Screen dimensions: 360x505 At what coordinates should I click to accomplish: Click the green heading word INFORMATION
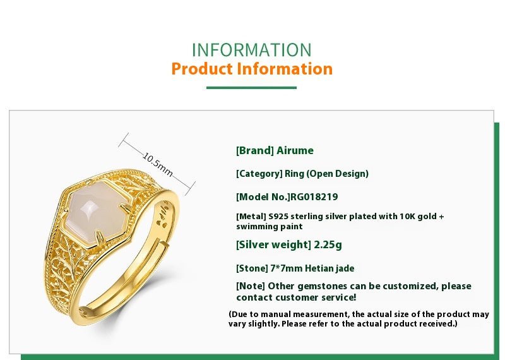pos(251,50)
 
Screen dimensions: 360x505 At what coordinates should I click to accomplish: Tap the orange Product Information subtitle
pos(251,69)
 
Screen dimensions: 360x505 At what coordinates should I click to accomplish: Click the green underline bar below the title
pos(251,87)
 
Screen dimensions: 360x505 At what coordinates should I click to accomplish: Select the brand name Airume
pos(295,150)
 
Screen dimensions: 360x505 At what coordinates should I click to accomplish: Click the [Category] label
pos(259,174)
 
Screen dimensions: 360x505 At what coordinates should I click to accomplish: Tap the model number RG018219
pos(315,196)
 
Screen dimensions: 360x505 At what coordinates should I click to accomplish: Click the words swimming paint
pos(270,226)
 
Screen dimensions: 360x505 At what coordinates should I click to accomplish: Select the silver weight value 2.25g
pos(328,244)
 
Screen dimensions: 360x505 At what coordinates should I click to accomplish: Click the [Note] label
pos(251,286)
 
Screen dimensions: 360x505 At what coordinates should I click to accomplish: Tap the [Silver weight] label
pos(273,244)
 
